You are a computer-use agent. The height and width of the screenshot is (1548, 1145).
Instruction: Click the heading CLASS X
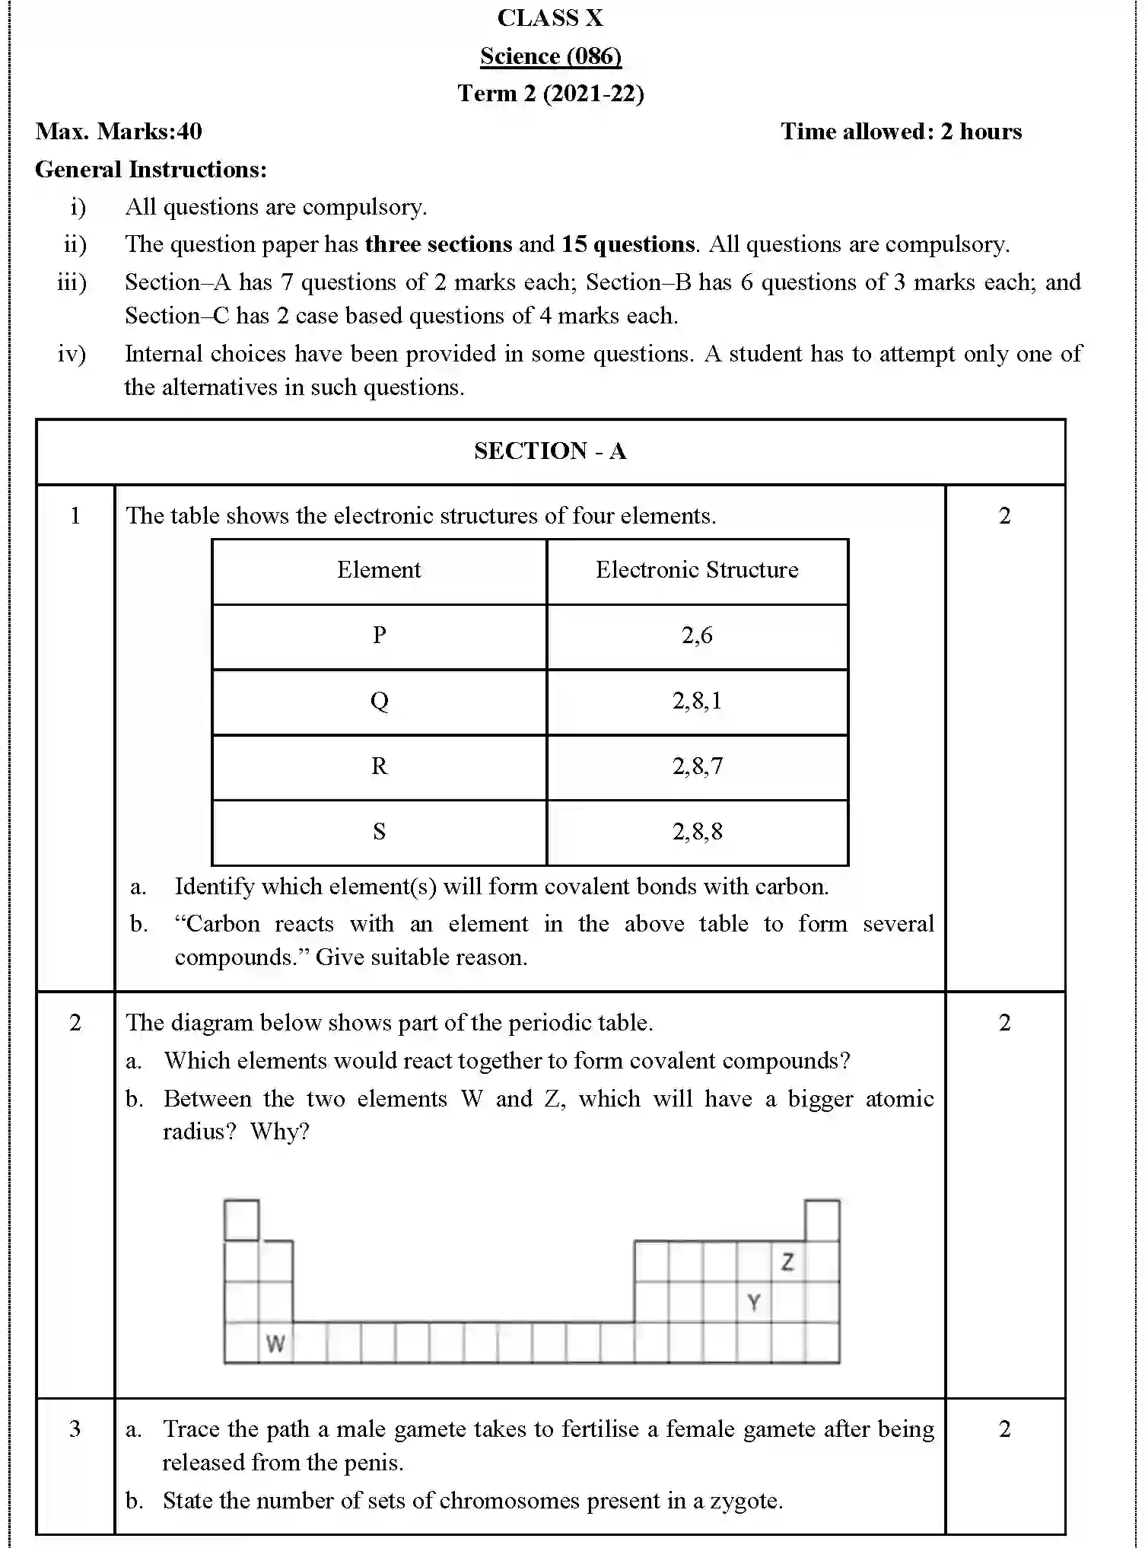pyautogui.click(x=550, y=18)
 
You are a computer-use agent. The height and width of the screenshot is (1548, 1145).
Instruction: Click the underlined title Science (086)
pyautogui.click(x=550, y=56)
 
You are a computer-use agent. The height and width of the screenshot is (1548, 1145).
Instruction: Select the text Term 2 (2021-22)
pyautogui.click(x=550, y=94)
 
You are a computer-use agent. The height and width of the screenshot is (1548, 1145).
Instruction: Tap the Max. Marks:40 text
pyautogui.click(x=119, y=132)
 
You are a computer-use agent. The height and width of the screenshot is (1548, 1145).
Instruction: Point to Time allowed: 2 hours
pyautogui.click(x=901, y=132)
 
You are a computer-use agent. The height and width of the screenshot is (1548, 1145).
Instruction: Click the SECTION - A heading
pyautogui.click(x=550, y=451)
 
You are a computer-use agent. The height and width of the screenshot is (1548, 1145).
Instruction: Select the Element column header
pyautogui.click(x=379, y=570)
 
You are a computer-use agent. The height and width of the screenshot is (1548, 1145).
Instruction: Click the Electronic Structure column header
pyautogui.click(x=697, y=570)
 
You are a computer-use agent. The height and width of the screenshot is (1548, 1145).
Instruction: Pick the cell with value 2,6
pyautogui.click(x=697, y=635)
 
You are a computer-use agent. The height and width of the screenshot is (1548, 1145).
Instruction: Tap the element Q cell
pyautogui.click(x=379, y=701)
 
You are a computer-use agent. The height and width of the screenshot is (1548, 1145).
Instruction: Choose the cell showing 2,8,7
pyautogui.click(x=697, y=766)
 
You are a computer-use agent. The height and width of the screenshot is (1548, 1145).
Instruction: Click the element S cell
pyautogui.click(x=379, y=832)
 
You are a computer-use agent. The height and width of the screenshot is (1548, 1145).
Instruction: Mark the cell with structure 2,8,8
pyautogui.click(x=697, y=832)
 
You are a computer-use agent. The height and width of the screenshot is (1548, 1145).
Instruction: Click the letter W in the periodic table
pyautogui.click(x=275, y=1344)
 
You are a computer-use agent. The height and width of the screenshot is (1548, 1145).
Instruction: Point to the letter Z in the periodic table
pyautogui.click(x=787, y=1262)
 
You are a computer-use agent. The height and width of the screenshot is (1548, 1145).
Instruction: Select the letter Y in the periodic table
pyautogui.click(x=753, y=1303)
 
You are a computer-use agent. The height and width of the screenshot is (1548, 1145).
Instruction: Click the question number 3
pyautogui.click(x=75, y=1429)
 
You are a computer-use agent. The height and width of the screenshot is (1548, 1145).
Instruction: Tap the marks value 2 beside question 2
pyautogui.click(x=1004, y=1023)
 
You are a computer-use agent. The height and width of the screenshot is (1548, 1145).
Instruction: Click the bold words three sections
pyautogui.click(x=438, y=244)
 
